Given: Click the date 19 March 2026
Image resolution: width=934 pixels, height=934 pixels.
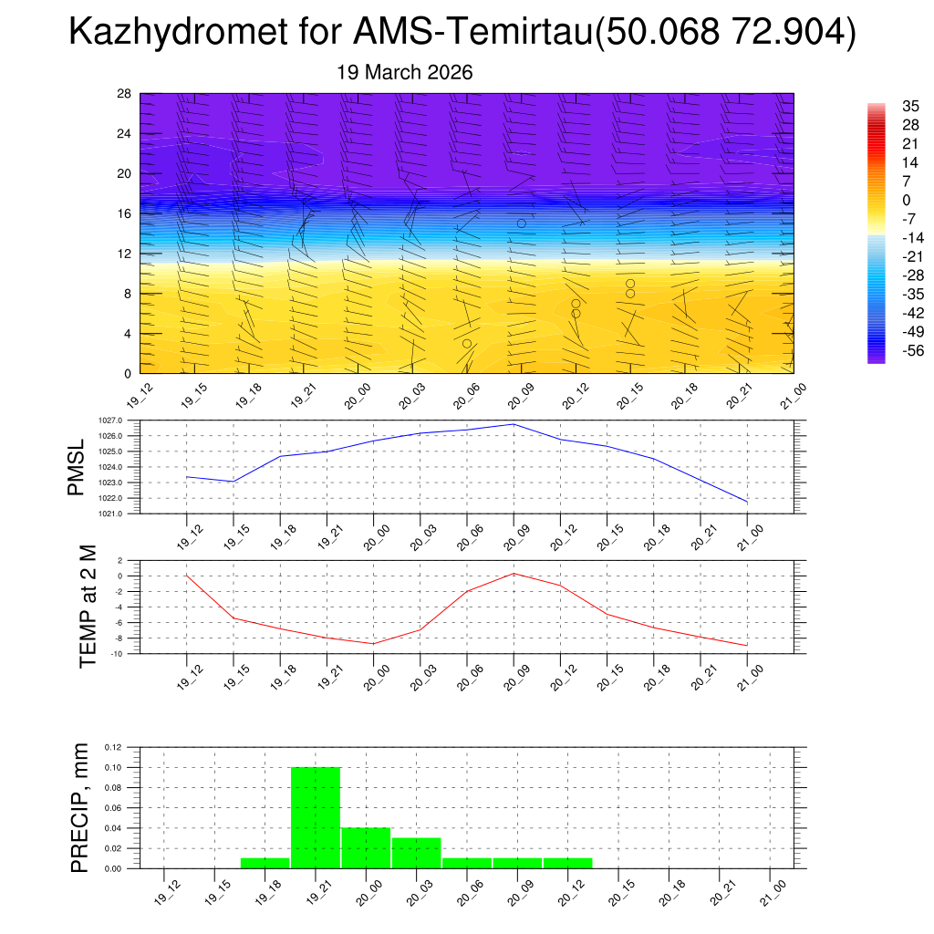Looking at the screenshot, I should (x=405, y=72).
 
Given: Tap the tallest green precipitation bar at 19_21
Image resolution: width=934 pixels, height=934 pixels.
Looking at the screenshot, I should (x=316, y=817).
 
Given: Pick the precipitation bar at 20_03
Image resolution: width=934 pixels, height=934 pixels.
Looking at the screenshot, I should (x=416, y=853).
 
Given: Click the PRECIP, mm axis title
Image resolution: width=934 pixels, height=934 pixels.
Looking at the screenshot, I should (x=81, y=807).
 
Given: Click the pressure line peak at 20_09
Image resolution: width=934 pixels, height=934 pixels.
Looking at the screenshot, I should (x=514, y=424).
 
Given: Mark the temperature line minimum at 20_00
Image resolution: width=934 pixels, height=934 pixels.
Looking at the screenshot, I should (x=373, y=644).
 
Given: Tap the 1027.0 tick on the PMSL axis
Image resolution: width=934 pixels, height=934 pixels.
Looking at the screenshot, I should (x=113, y=420).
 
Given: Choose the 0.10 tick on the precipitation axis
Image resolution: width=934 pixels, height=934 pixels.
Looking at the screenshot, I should (x=111, y=767).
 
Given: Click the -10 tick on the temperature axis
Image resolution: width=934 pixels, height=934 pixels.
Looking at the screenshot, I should (x=117, y=654).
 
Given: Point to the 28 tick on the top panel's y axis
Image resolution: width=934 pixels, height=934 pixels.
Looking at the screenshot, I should (x=124, y=93).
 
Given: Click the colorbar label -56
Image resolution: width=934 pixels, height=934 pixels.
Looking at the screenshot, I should (x=910, y=351).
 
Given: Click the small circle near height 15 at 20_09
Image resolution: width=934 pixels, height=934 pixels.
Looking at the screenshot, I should (x=522, y=223).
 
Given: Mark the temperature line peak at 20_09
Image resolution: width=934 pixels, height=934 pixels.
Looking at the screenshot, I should (x=514, y=573).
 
